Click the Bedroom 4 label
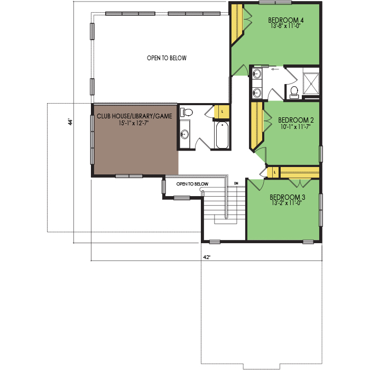[x=285, y=20]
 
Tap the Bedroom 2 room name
[x=295, y=121]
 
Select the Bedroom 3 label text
[x=287, y=197]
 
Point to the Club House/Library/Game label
[x=134, y=116]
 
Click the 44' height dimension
[x=70, y=122]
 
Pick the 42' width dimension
[x=207, y=257]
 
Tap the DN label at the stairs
[x=236, y=183]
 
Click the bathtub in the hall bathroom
[x=222, y=135]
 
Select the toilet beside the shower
[x=294, y=92]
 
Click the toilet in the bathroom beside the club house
[x=187, y=112]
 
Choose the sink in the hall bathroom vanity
[x=184, y=134]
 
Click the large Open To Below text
[x=166, y=58]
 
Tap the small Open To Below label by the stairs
[x=192, y=184]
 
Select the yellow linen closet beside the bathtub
[x=221, y=112]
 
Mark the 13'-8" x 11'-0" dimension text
[x=285, y=26]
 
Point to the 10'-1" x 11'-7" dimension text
[x=295, y=127]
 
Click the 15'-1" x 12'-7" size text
[x=134, y=123]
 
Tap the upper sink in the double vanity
[x=257, y=73]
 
